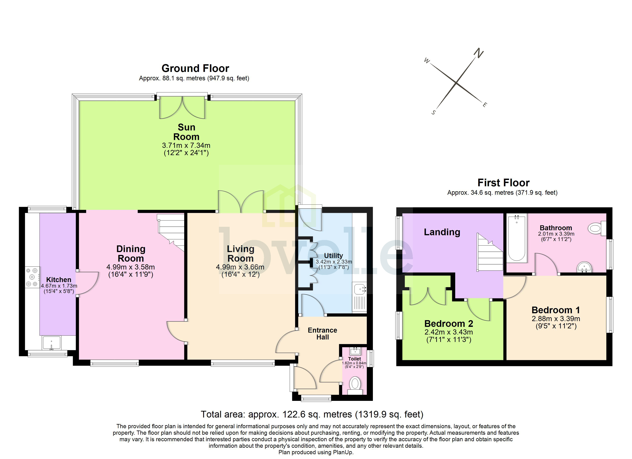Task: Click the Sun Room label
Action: pyautogui.click(x=186, y=132)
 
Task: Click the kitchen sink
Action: pyautogui.click(x=52, y=343)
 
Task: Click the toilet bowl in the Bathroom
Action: pyautogui.click(x=595, y=229)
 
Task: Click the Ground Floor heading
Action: pyautogui.click(x=195, y=68)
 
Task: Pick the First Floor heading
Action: pyautogui.click(x=503, y=183)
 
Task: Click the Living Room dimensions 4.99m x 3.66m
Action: pyautogui.click(x=240, y=267)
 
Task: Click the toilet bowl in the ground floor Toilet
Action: pyautogui.click(x=355, y=384)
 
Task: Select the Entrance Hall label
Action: pyautogui.click(x=322, y=334)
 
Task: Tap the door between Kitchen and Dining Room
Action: pyautogui.click(x=87, y=283)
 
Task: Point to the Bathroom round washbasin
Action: pyautogui.click(x=584, y=267)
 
